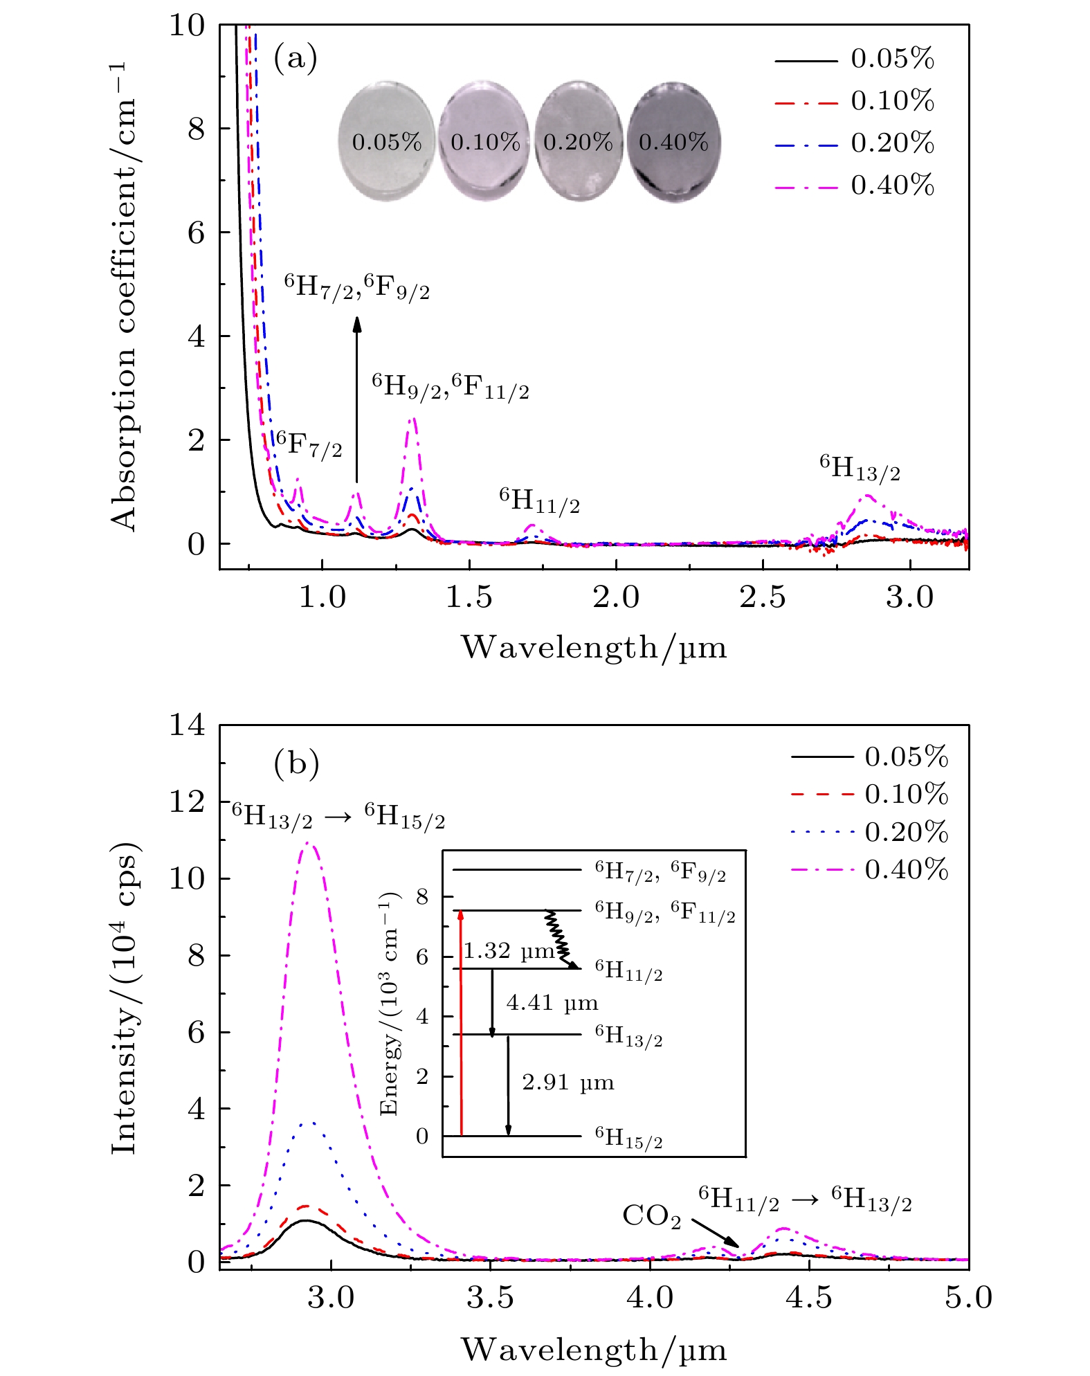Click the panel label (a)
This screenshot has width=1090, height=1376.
[x=296, y=58]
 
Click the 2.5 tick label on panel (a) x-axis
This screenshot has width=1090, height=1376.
[x=763, y=597]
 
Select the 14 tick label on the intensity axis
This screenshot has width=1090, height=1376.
[x=188, y=725]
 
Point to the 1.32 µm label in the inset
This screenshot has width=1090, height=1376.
[x=509, y=952]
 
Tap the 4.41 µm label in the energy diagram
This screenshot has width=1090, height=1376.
[x=552, y=1003]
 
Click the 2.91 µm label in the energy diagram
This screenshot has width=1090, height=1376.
[x=567, y=1083]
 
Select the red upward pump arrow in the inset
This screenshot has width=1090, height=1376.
[x=462, y=1024]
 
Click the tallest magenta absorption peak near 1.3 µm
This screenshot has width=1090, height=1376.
[x=413, y=419]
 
